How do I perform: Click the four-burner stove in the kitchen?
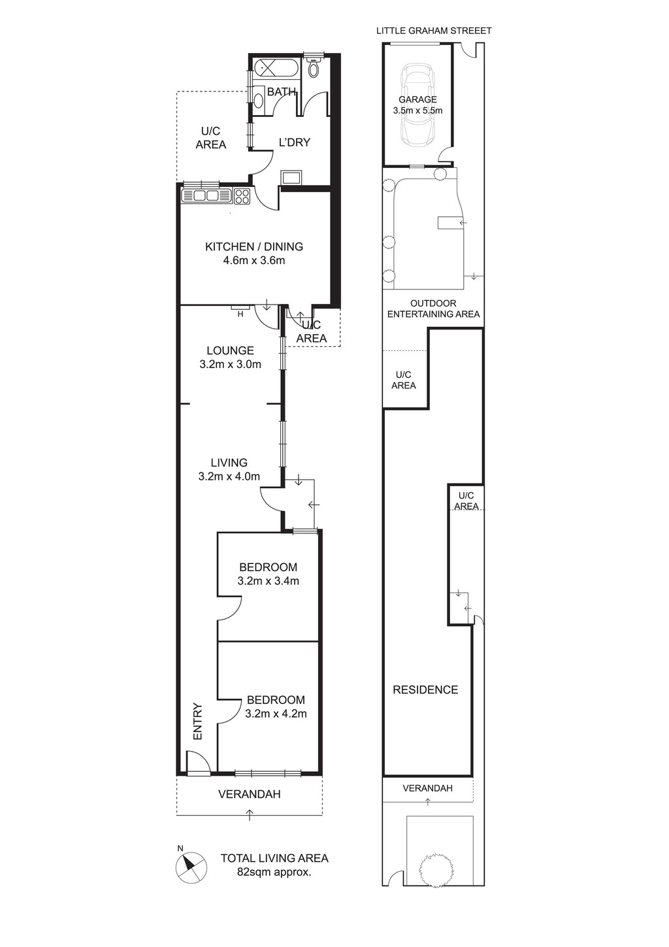[x=242, y=196]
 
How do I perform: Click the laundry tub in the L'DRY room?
[x=291, y=177]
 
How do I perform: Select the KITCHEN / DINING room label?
[x=254, y=246]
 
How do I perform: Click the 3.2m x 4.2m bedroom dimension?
[x=276, y=714]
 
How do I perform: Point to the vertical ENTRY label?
[x=198, y=722]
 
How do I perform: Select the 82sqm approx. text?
[x=274, y=872]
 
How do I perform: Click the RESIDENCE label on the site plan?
[x=425, y=689]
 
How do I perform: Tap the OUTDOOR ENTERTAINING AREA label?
[x=434, y=308]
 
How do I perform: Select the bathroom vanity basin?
[x=258, y=100]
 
